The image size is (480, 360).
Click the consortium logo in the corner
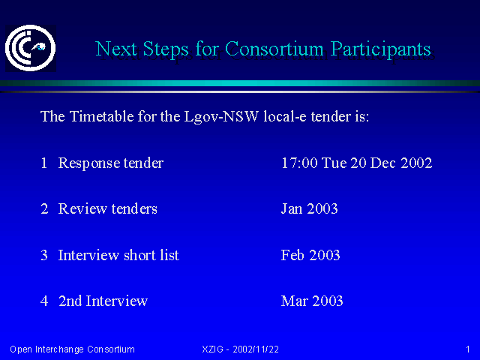(x=30, y=48)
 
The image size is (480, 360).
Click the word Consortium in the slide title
(x=274, y=49)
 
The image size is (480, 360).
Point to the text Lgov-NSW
(x=221, y=117)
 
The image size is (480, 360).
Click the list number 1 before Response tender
(x=44, y=163)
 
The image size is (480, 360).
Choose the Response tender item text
(x=111, y=163)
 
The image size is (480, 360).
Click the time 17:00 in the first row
(x=299, y=163)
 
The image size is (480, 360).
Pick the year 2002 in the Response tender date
(x=416, y=163)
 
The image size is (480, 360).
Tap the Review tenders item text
(x=108, y=208)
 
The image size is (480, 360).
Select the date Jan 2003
(x=310, y=208)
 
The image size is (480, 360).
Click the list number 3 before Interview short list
(x=44, y=255)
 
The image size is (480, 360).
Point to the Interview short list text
(x=118, y=255)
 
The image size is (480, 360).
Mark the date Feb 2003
(x=310, y=255)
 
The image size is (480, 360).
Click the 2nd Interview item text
(x=103, y=301)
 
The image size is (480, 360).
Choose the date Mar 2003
(x=312, y=301)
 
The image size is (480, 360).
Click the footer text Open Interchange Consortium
(x=72, y=349)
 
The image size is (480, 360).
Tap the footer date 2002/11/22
(x=256, y=349)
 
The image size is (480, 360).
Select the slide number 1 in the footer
(x=468, y=349)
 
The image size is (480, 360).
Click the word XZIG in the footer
(x=213, y=349)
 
